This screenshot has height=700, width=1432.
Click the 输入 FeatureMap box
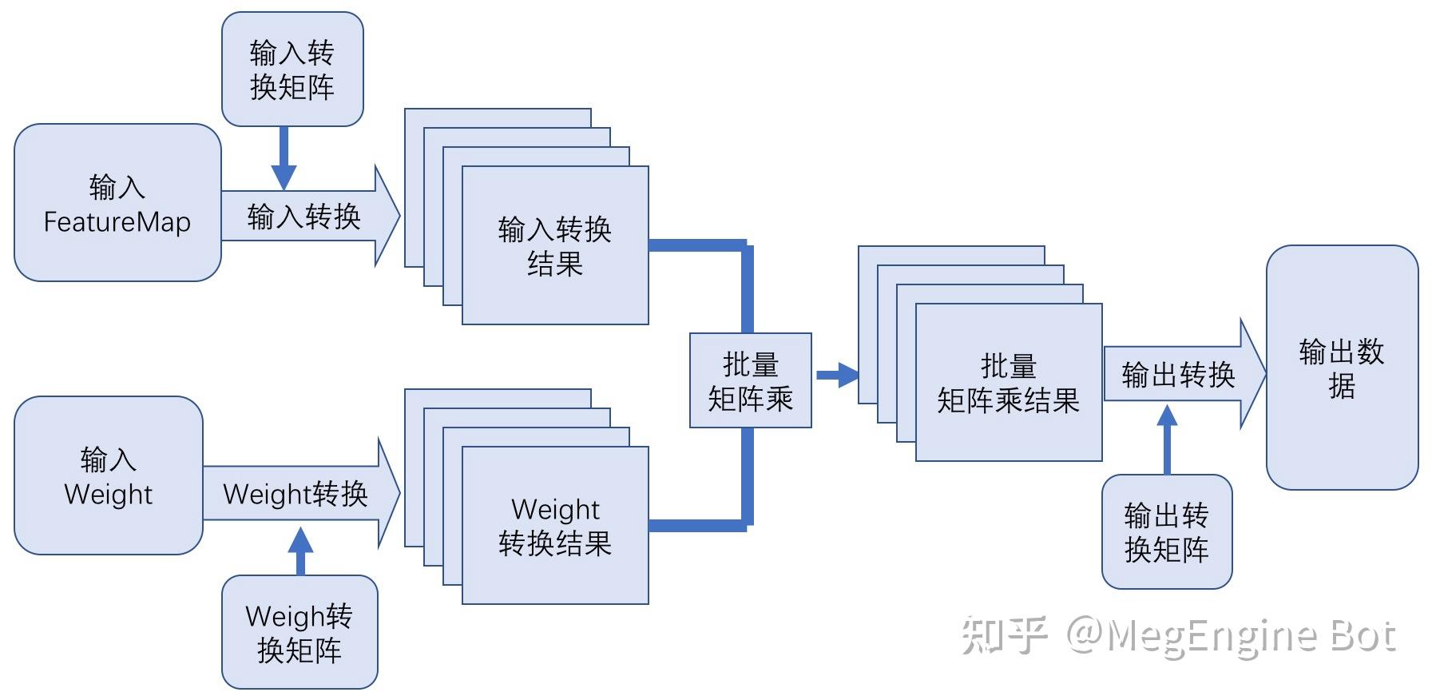tap(117, 203)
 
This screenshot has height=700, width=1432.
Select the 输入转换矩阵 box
tap(292, 70)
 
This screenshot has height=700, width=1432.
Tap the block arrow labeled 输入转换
tap(307, 216)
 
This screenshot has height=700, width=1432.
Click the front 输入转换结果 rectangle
tap(555, 246)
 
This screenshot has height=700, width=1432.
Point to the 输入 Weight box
tap(108, 476)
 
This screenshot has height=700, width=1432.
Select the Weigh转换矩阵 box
tap(299, 632)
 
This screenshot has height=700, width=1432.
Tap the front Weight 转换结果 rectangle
tap(555, 526)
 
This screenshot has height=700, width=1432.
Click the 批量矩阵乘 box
tap(751, 381)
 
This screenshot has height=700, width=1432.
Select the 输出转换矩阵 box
tap(1167, 532)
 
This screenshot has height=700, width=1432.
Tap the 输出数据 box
tap(1342, 368)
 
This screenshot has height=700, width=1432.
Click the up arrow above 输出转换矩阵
tap(1167, 439)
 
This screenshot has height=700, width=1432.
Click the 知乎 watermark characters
tap(1005, 635)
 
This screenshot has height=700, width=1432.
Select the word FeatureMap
tap(117, 222)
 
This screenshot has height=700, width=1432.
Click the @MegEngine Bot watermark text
tap(1230, 637)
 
